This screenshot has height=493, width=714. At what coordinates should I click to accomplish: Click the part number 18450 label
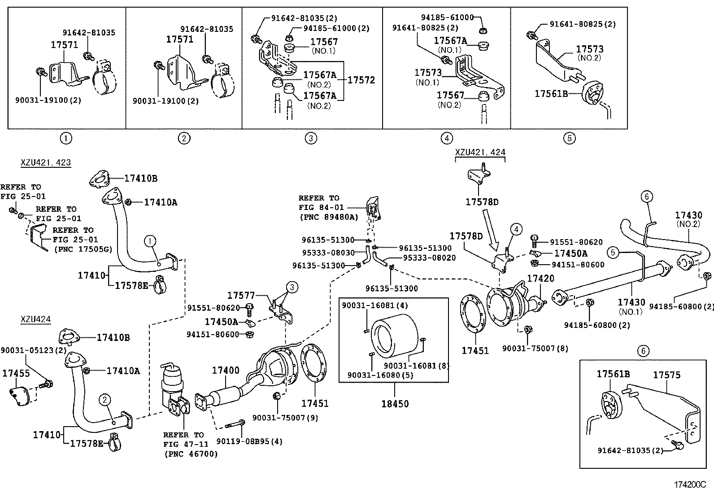(x=395, y=404)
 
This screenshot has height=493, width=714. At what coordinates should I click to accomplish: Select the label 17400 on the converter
(x=225, y=371)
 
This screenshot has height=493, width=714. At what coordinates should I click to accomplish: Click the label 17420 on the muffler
(x=540, y=279)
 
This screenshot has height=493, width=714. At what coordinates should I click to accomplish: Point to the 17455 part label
(x=16, y=373)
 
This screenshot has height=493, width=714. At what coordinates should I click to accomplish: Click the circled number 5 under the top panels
(x=569, y=138)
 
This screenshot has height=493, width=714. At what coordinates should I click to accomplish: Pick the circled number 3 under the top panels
(x=311, y=138)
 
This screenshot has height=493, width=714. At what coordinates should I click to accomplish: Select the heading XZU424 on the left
(x=35, y=320)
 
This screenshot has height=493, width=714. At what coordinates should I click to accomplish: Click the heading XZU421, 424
(x=480, y=153)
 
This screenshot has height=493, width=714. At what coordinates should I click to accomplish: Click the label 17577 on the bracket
(x=241, y=295)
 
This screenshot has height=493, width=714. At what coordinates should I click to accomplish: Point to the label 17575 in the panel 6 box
(x=666, y=375)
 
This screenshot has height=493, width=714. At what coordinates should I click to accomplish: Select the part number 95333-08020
(x=429, y=257)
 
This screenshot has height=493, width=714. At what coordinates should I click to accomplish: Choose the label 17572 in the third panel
(x=361, y=80)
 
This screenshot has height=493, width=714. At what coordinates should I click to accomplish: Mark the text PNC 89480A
(x=328, y=217)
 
